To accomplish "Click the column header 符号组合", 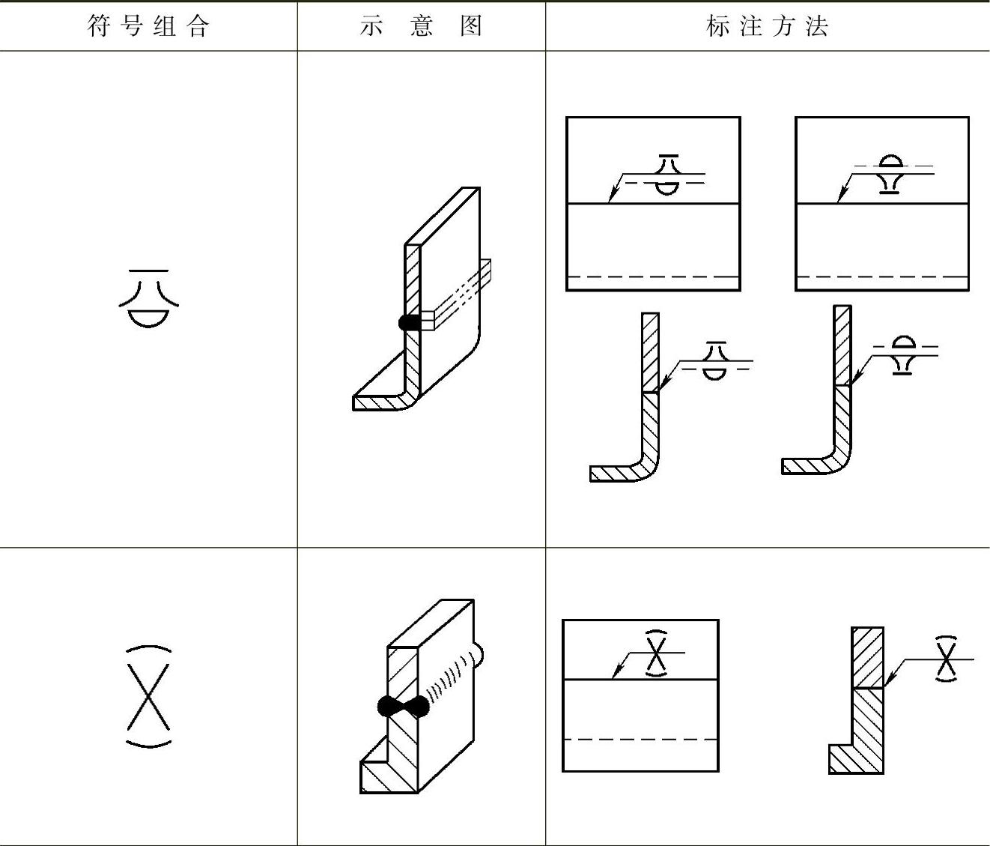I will click(x=148, y=27).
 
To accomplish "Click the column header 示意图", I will click(x=421, y=27).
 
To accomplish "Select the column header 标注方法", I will click(x=767, y=27).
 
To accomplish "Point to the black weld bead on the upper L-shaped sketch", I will click(x=409, y=322).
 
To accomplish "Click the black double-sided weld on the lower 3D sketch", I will click(x=404, y=706).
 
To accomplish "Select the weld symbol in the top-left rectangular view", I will click(x=669, y=175).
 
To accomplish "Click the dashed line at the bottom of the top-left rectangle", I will click(x=653, y=277).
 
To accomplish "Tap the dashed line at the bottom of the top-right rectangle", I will click(x=881, y=277).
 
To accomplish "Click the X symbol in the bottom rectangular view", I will click(x=657, y=653).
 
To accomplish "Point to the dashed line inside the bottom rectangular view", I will click(x=640, y=740).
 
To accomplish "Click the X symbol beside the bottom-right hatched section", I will click(x=947, y=659).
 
